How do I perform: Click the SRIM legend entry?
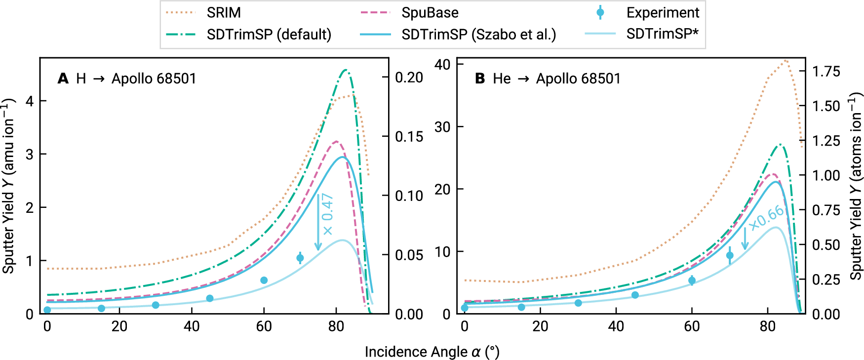tap(223, 12)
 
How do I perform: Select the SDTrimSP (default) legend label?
tap(269, 34)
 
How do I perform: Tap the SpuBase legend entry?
tap(430, 12)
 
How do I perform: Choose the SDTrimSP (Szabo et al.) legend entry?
tap(478, 34)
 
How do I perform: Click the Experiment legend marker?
tap(600, 12)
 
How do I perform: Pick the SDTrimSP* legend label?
tap(662, 34)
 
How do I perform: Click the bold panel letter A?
tap(63, 79)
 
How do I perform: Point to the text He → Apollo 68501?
tap(556, 79)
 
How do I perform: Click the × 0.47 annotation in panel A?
tap(327, 214)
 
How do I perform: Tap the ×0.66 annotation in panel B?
tap(766, 217)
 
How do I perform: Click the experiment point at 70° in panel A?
tap(300, 258)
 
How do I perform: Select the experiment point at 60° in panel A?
tap(264, 280)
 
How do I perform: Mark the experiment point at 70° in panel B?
tap(730, 255)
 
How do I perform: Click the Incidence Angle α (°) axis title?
tap(432, 352)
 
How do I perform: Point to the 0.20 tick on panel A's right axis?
tap(409, 78)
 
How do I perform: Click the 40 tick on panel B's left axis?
tap(442, 65)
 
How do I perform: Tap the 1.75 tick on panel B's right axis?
tap(826, 72)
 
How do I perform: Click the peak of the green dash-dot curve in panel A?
tap(346, 70)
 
